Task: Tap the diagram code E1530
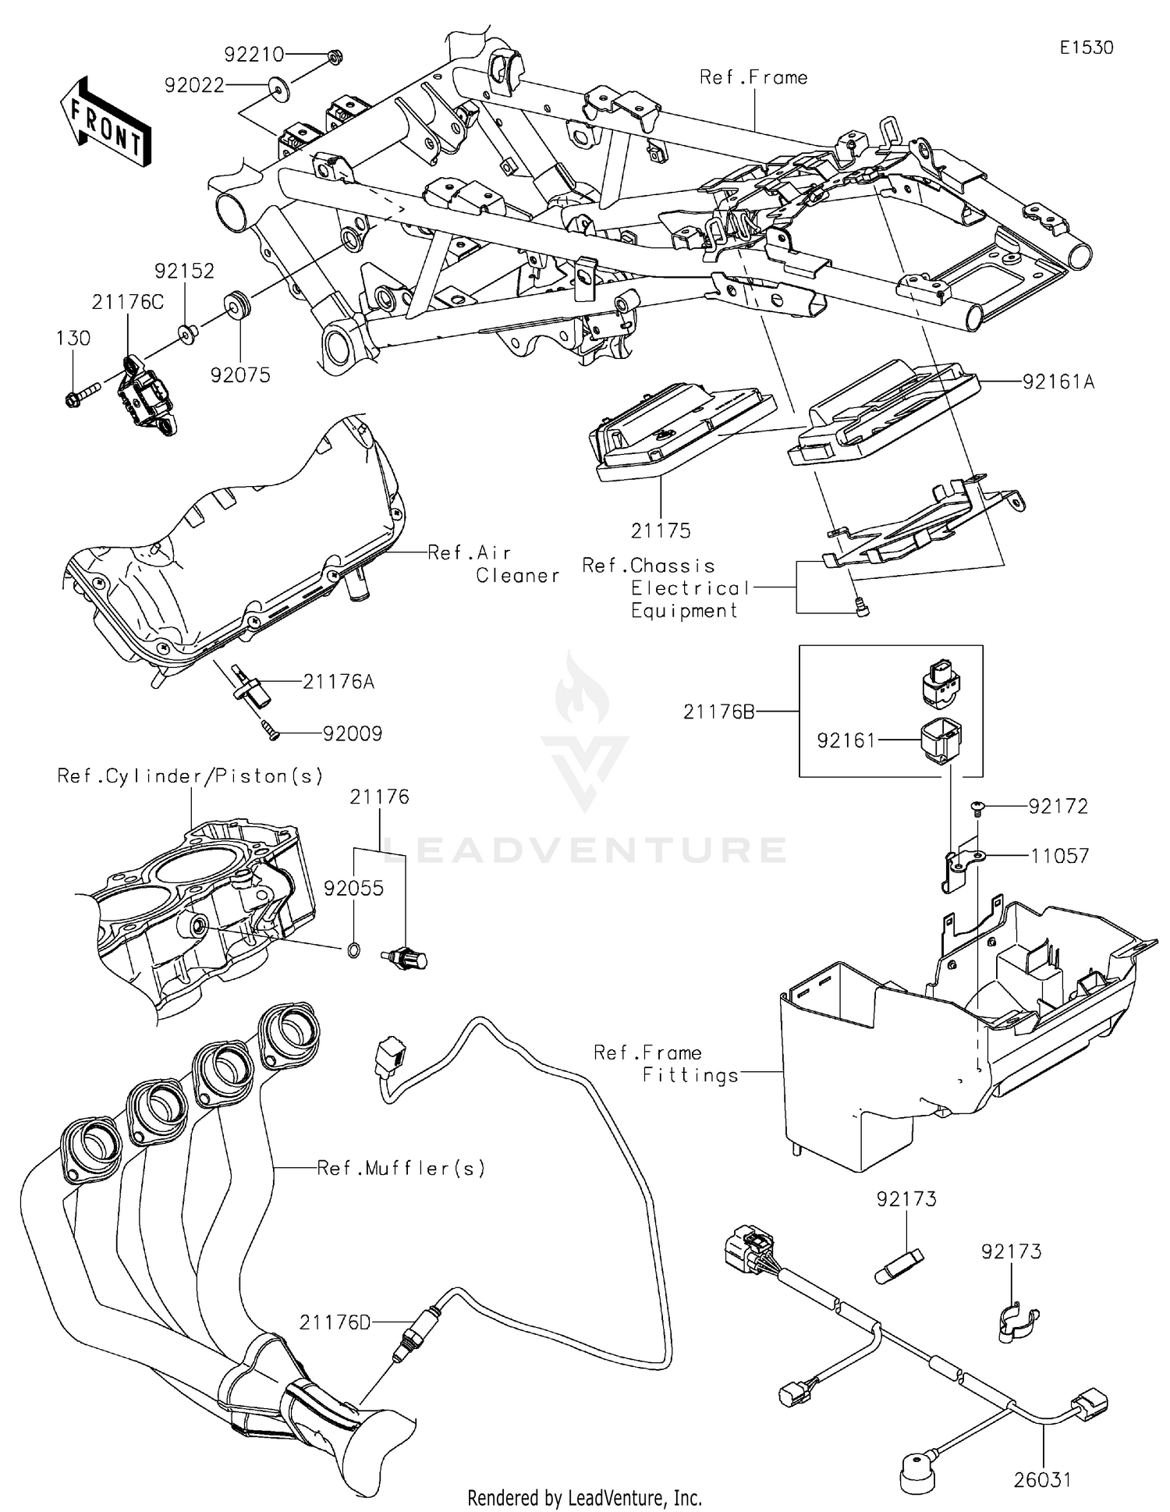click(1086, 48)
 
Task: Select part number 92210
click(253, 55)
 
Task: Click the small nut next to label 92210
click(334, 56)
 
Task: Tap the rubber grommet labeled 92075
click(236, 303)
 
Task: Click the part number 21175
click(661, 531)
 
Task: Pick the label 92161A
click(1058, 382)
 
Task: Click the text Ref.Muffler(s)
click(401, 1168)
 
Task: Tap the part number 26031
click(1042, 1479)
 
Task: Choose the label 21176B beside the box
click(718, 712)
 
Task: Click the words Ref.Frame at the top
click(753, 77)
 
